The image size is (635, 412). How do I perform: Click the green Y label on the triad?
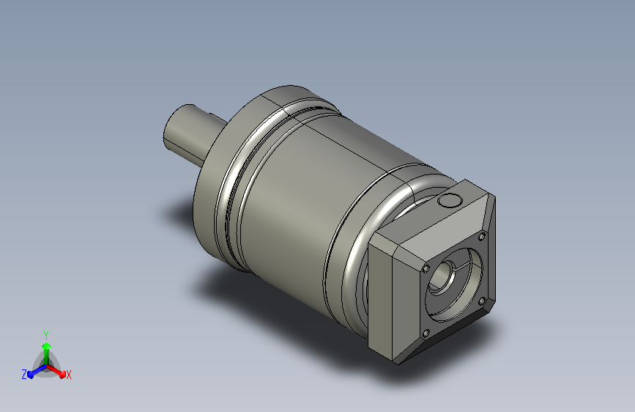(45, 335)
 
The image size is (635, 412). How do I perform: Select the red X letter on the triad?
(68, 375)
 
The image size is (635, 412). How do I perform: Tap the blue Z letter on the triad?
(24, 375)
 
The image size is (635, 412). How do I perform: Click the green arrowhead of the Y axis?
(46, 346)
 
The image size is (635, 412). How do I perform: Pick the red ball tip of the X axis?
(62, 375)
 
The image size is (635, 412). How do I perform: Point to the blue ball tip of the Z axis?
(31, 375)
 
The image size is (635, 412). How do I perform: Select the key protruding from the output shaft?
(217, 117)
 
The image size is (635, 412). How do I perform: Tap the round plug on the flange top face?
(449, 200)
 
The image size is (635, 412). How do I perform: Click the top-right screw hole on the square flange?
(482, 236)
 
